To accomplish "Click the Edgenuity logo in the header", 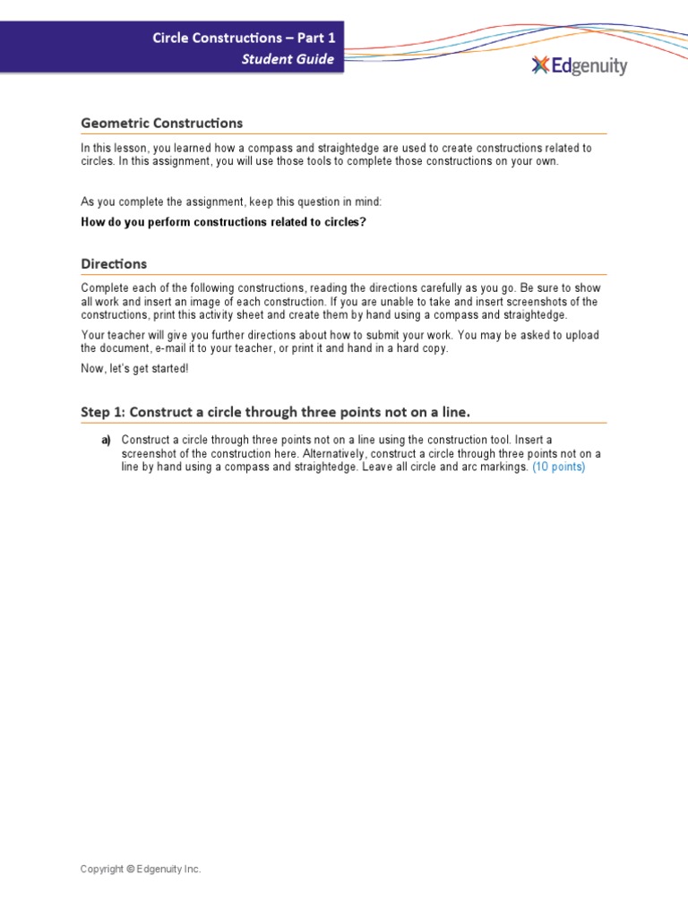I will click(579, 65).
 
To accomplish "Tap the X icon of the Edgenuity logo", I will click(539, 64).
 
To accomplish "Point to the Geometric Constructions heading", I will click(161, 123).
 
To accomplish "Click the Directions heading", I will click(114, 264).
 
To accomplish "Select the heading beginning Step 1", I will click(275, 412).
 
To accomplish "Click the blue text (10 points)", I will click(558, 467).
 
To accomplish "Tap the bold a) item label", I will click(106, 440).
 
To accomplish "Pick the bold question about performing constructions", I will click(224, 221).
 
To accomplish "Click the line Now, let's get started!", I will click(135, 369).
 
